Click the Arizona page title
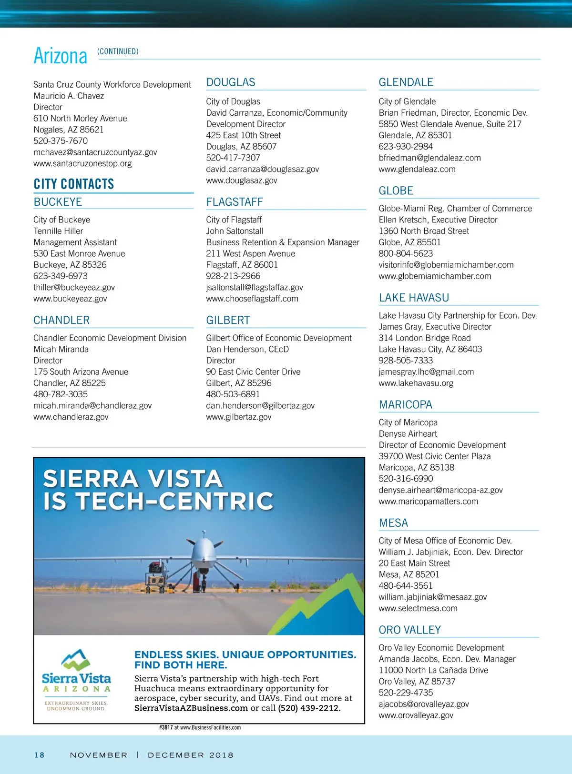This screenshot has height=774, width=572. click(61, 56)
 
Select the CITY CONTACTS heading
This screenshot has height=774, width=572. click(74, 184)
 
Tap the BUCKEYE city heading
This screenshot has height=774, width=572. click(58, 202)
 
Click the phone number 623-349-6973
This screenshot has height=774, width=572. click(61, 276)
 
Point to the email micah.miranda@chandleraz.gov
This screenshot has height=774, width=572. click(92, 405)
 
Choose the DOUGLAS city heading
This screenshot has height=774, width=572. click(231, 82)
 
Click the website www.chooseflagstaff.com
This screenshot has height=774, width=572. click(252, 299)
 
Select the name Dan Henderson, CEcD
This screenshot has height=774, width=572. click(247, 349)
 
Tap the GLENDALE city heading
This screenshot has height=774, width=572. click(406, 82)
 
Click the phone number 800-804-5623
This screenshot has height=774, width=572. click(406, 253)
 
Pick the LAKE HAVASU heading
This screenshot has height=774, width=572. click(414, 298)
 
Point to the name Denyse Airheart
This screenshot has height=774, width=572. click(408, 433)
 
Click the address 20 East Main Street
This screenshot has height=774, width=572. click(414, 563)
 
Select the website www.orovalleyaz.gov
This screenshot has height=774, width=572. click(416, 715)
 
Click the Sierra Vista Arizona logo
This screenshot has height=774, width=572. click(76, 679)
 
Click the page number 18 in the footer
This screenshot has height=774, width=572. click(39, 755)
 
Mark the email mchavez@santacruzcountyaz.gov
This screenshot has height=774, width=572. click(95, 152)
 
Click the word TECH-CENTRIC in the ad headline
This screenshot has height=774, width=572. click(174, 501)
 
